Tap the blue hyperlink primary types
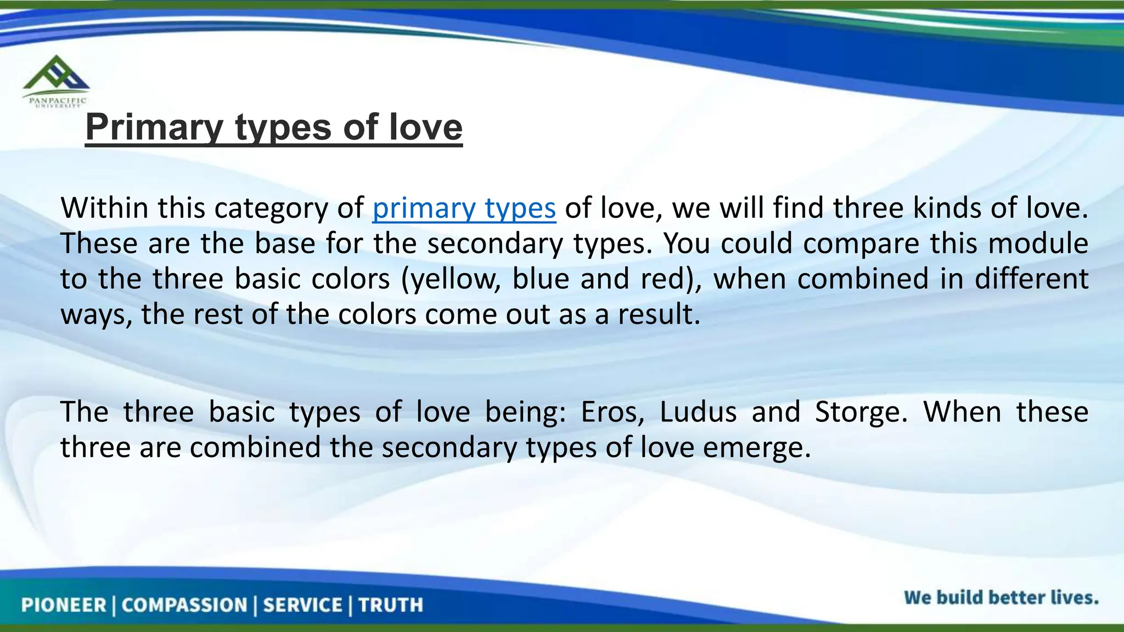click(464, 208)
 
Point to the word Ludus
click(698, 412)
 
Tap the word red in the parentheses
click(672, 279)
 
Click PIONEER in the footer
click(64, 605)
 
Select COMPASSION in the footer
click(184, 605)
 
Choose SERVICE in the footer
click(303, 605)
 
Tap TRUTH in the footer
click(391, 605)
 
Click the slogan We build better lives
click(1001, 597)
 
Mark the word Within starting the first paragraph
click(104, 208)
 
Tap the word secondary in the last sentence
click(449, 448)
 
